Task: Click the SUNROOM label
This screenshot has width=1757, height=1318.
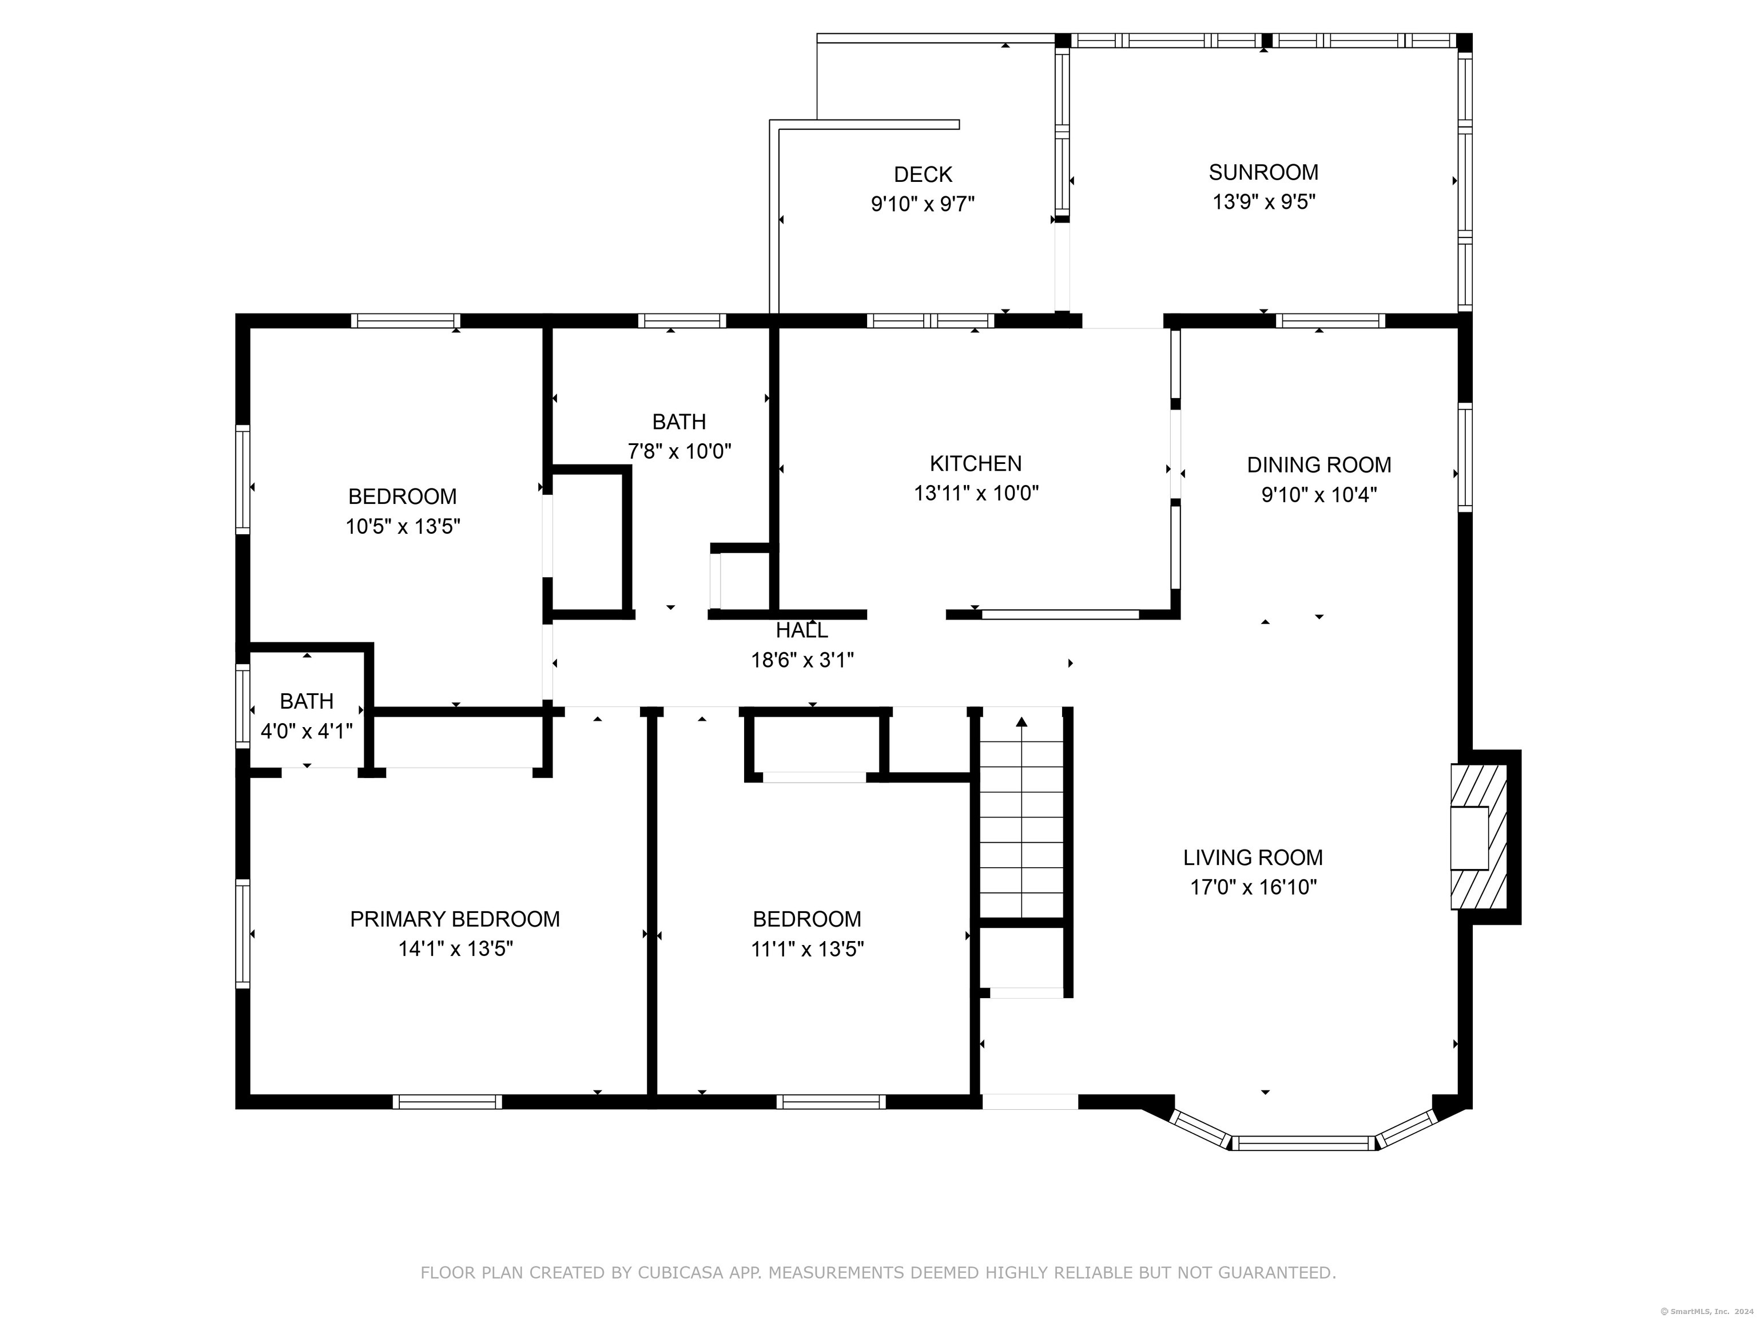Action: (x=1263, y=172)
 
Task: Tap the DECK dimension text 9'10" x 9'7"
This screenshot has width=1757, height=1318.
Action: (x=923, y=204)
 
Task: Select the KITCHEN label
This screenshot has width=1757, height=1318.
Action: (x=975, y=463)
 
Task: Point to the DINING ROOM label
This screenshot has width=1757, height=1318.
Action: (x=1318, y=465)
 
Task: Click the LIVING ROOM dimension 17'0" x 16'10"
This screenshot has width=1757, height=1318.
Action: (x=1254, y=887)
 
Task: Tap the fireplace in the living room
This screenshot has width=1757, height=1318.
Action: (x=1479, y=836)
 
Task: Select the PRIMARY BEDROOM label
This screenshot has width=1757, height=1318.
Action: (x=455, y=919)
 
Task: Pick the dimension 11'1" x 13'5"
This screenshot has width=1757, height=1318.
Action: (x=807, y=948)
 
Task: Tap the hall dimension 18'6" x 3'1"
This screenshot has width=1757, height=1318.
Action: (x=802, y=660)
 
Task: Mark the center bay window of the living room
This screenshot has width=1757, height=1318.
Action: (x=1303, y=1143)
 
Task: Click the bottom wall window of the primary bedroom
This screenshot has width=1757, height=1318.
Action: (x=448, y=1102)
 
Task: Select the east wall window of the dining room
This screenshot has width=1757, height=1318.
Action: (x=1465, y=458)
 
